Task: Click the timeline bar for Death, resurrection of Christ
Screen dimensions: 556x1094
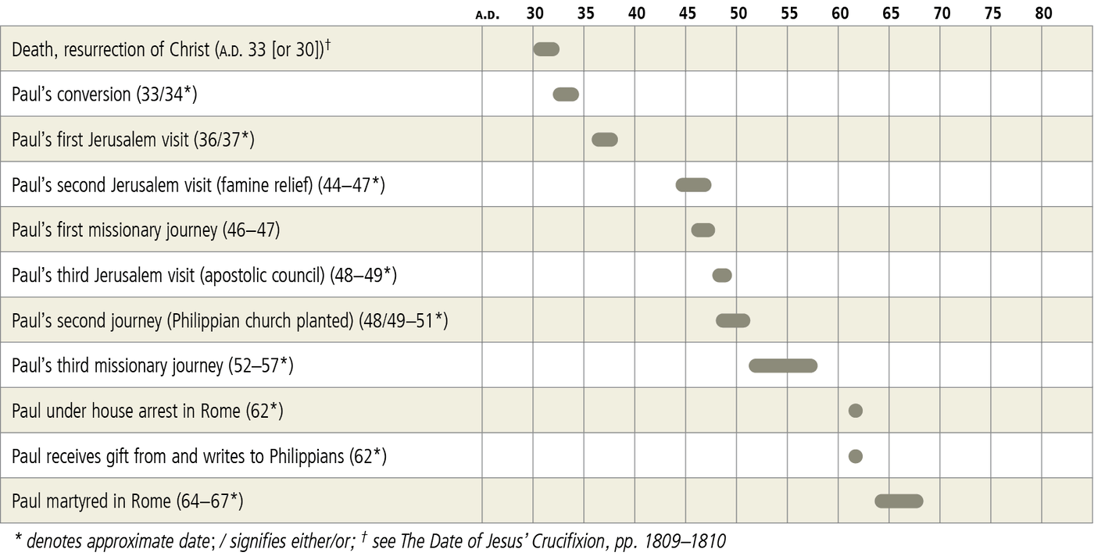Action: [546, 49]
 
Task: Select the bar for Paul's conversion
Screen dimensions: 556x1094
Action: [566, 94]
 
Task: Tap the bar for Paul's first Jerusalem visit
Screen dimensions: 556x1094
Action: [605, 140]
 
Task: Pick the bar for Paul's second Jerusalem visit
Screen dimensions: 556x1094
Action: [693, 185]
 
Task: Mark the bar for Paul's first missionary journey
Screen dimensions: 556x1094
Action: [703, 230]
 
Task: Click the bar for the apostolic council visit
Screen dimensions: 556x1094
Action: [722, 275]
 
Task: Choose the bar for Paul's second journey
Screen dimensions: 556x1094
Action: [733, 320]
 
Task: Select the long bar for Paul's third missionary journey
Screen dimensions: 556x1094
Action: [783, 365]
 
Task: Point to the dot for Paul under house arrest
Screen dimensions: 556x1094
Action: [856, 411]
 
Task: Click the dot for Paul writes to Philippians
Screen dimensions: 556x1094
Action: [856, 456]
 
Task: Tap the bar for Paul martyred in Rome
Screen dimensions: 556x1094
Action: [899, 501]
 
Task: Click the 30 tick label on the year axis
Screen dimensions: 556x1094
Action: [535, 13]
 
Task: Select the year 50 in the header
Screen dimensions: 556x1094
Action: [738, 13]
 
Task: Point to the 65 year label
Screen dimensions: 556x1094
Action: [891, 13]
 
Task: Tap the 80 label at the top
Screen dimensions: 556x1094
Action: [1043, 13]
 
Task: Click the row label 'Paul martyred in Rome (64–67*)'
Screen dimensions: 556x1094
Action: [127, 501]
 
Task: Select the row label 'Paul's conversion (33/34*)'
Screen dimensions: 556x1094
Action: [104, 94]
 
